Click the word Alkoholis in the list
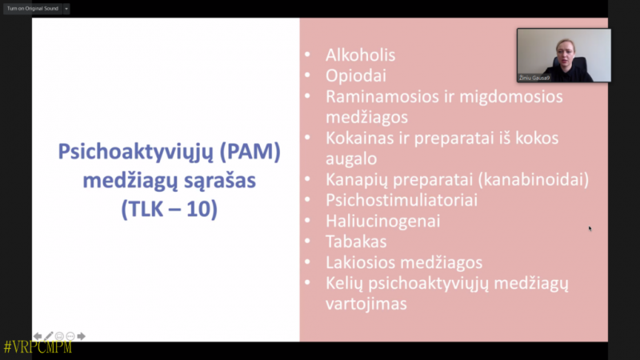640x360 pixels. pyautogui.click(x=361, y=55)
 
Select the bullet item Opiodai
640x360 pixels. pyautogui.click(x=356, y=76)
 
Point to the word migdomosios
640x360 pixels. pyautogui.click(x=511, y=98)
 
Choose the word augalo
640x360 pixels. pyautogui.click(x=351, y=159)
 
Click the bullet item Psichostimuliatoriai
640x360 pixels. pyautogui.click(x=402, y=200)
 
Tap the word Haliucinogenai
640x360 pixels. pyautogui.click(x=383, y=222)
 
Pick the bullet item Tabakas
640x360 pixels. pyautogui.click(x=356, y=242)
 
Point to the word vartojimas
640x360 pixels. pyautogui.click(x=366, y=304)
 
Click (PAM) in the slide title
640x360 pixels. pyautogui.click(x=250, y=152)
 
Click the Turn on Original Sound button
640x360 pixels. pyautogui.click(x=33, y=9)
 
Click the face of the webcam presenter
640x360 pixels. pyautogui.click(x=566, y=52)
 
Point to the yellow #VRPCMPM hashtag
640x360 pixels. pyautogui.click(x=38, y=347)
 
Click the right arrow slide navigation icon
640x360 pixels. pyautogui.click(x=82, y=336)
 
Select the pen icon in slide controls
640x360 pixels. pyautogui.click(x=49, y=336)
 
